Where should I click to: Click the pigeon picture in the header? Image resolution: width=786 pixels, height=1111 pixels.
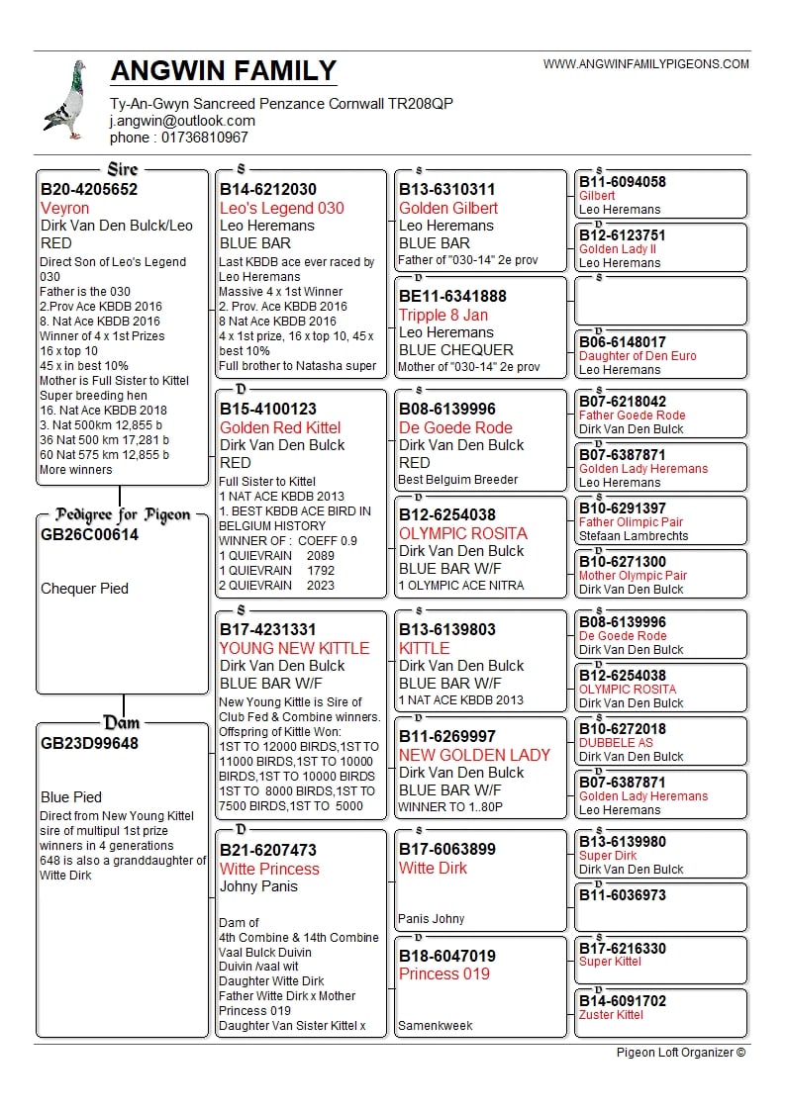point(65,100)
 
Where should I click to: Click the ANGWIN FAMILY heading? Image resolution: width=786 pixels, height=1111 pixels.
point(224,71)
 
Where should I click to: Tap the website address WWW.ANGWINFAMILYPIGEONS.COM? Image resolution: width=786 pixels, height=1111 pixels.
point(645,64)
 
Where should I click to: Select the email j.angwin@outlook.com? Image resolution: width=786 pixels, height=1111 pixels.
point(182,121)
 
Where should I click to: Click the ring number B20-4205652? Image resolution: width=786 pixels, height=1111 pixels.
point(89,189)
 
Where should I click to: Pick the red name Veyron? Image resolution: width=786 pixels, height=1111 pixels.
point(65,208)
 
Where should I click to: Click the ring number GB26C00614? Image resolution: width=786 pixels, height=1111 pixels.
point(90,535)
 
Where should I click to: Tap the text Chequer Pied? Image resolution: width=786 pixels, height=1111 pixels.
point(84,589)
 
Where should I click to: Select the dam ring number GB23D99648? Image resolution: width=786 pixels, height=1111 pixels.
point(90,743)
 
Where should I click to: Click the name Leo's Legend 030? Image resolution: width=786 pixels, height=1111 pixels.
point(282,208)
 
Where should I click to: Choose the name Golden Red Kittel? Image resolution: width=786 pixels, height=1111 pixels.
point(280,427)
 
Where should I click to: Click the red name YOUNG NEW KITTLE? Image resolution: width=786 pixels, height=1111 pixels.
point(294,648)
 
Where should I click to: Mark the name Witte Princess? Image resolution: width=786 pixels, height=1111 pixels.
point(269,869)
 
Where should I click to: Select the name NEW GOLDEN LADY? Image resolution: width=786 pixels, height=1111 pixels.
point(474,755)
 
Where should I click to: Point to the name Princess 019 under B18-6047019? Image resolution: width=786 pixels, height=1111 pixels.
point(444,973)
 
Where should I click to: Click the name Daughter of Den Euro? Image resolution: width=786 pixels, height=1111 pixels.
point(638,356)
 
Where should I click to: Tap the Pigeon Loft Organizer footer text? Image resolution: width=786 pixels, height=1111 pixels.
point(681,1052)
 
